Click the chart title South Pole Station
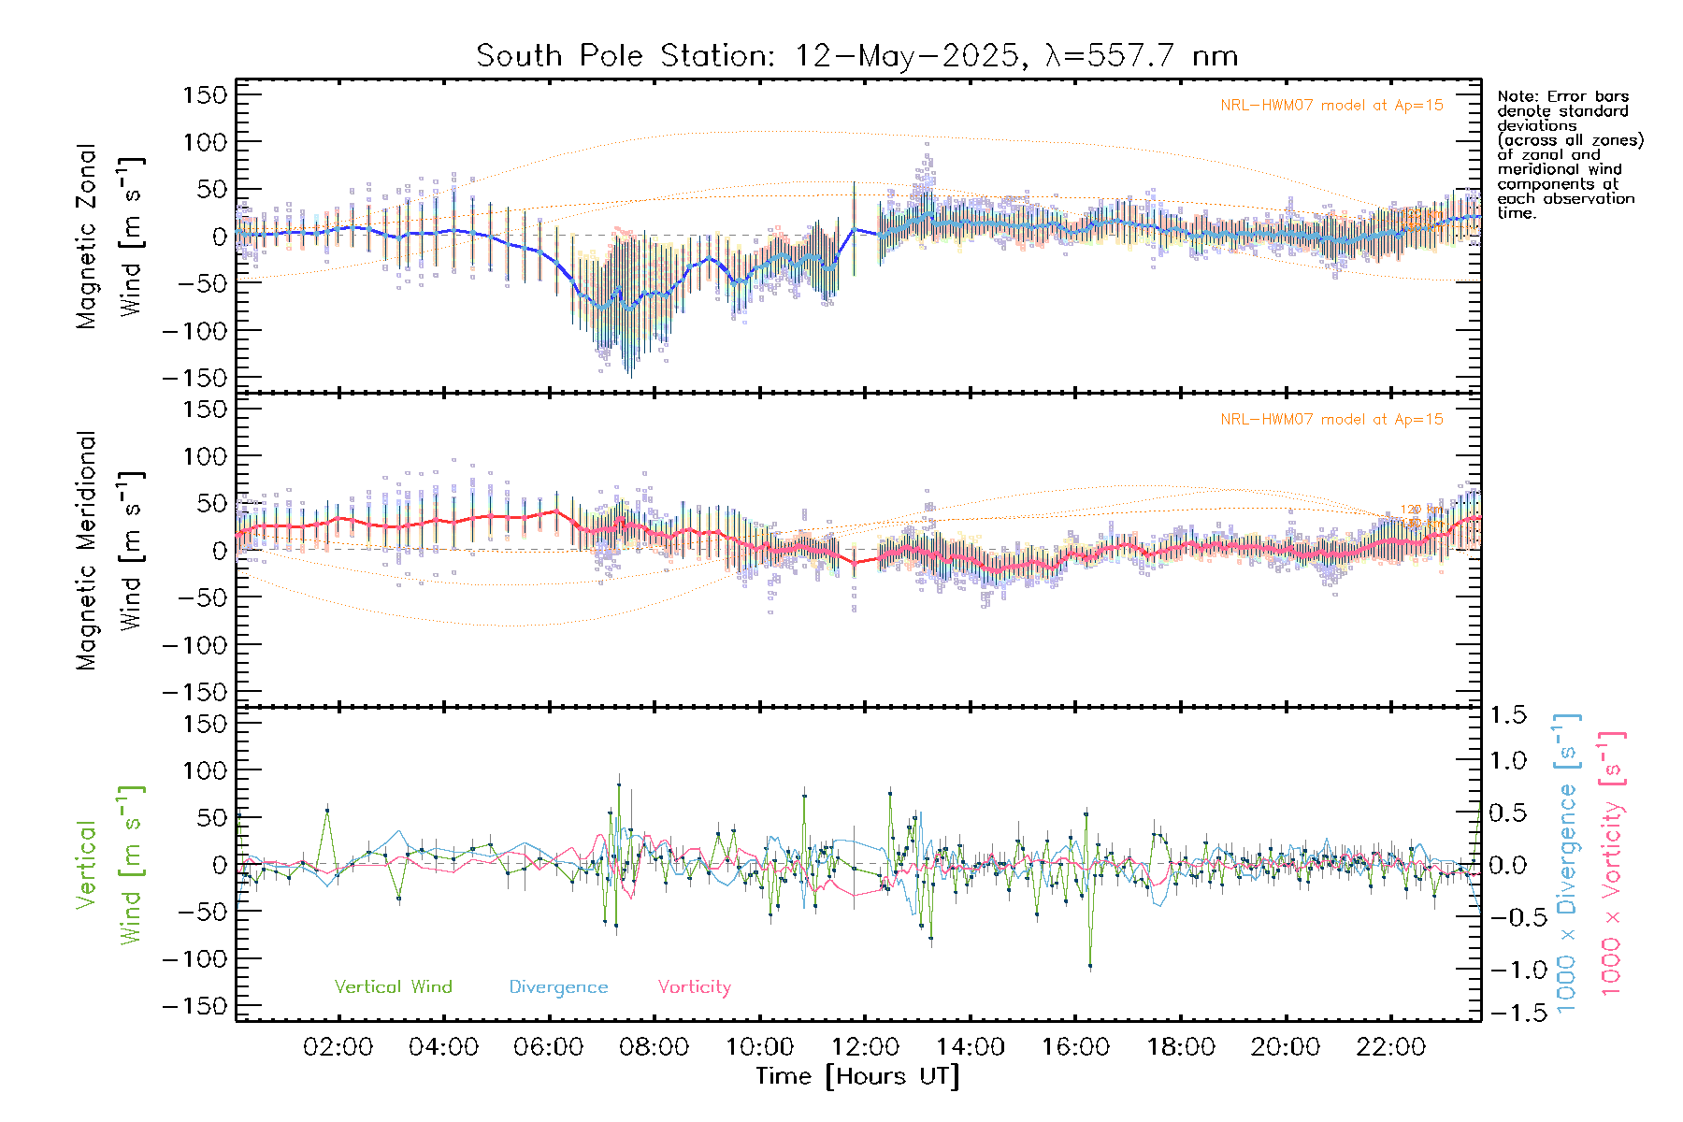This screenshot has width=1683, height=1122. tap(856, 56)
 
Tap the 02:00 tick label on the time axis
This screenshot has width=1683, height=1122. tap(338, 1047)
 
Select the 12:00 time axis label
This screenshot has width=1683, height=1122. tap(865, 1047)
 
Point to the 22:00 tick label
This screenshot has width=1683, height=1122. tap(1391, 1047)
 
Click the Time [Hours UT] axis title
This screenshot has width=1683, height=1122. tap(856, 1076)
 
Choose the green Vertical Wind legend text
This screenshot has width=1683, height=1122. tap(393, 987)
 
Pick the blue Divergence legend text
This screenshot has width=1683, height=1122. tap(558, 987)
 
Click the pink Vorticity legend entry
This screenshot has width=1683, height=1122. tap(694, 987)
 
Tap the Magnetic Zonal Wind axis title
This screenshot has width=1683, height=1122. tap(110, 237)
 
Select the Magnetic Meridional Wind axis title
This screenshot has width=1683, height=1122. tap(110, 551)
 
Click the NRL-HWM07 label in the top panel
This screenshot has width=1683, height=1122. tap(1331, 106)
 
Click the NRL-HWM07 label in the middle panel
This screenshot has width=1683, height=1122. tap(1331, 420)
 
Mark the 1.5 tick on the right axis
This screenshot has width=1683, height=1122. tap(1508, 715)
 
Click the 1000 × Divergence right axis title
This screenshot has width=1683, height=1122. tap(1567, 863)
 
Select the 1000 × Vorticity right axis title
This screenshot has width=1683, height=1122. tap(1612, 863)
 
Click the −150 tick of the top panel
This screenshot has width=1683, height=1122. tap(194, 379)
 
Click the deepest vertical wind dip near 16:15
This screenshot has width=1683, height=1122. tap(1090, 966)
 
